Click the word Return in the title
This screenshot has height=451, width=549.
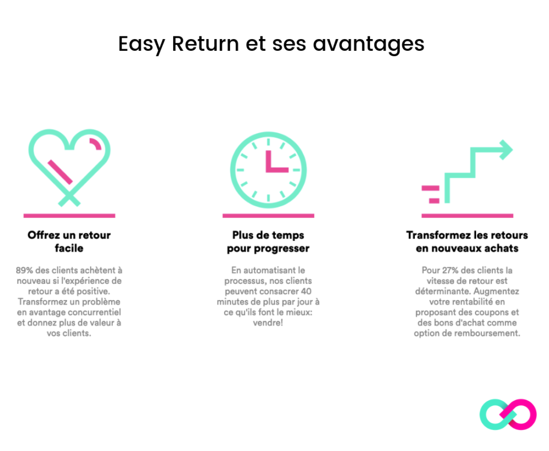click(205, 44)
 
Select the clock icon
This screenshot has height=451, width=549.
click(268, 170)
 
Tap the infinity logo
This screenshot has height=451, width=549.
click(508, 415)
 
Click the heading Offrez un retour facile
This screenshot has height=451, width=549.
click(69, 242)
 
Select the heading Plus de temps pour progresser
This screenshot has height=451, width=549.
click(268, 242)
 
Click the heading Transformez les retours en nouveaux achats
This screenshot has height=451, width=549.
click(467, 242)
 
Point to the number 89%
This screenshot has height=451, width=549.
click(24, 270)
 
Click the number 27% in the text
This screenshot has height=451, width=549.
click(450, 270)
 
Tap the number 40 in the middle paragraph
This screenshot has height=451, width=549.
click(306, 291)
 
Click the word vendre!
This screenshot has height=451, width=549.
click(268, 323)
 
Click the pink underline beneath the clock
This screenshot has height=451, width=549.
click(268, 216)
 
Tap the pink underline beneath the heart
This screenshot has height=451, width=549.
click(69, 216)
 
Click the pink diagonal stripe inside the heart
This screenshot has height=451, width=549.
click(60, 172)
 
